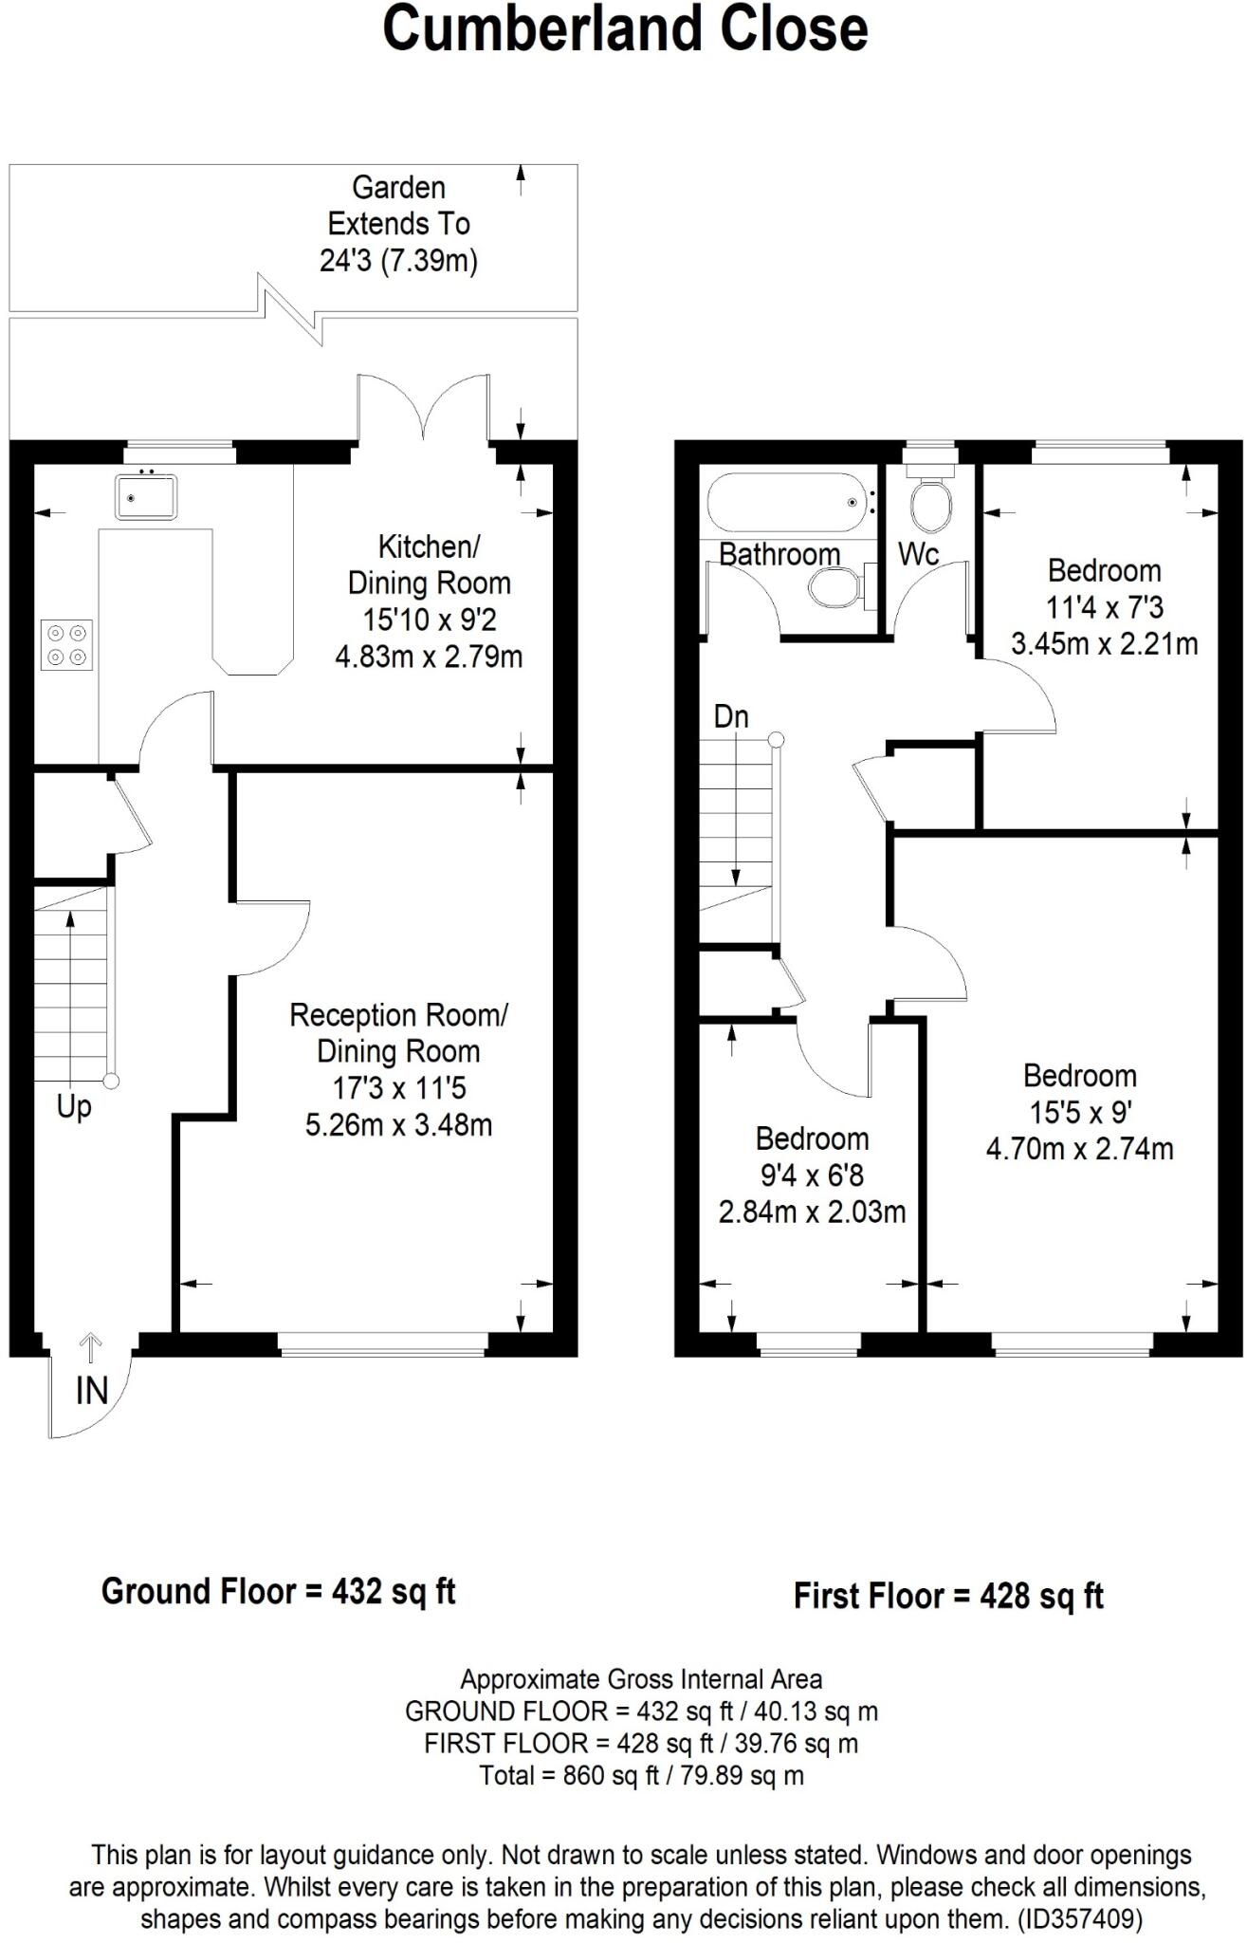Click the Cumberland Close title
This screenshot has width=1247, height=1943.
(x=624, y=28)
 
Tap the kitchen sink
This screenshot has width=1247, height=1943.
(x=146, y=496)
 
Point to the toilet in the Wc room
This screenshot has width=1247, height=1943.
(x=930, y=504)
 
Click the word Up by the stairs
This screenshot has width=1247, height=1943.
(x=74, y=1106)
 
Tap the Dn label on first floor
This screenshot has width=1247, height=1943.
(x=731, y=717)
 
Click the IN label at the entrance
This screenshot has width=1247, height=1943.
(x=91, y=1391)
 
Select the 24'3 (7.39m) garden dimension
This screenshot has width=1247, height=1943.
(x=398, y=260)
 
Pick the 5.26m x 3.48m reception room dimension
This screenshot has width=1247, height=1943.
(x=398, y=1125)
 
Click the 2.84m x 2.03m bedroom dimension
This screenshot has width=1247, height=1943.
(x=812, y=1212)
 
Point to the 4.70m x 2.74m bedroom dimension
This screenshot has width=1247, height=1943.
(x=1079, y=1149)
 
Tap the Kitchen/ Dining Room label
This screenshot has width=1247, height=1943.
(x=429, y=564)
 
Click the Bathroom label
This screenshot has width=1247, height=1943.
(x=779, y=554)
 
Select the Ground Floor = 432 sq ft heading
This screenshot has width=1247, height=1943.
(x=278, y=1591)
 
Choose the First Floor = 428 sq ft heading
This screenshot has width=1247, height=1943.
(x=948, y=1596)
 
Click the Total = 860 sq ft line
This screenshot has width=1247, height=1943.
(x=641, y=1775)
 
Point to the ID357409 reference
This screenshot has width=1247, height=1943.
(x=1080, y=1919)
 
